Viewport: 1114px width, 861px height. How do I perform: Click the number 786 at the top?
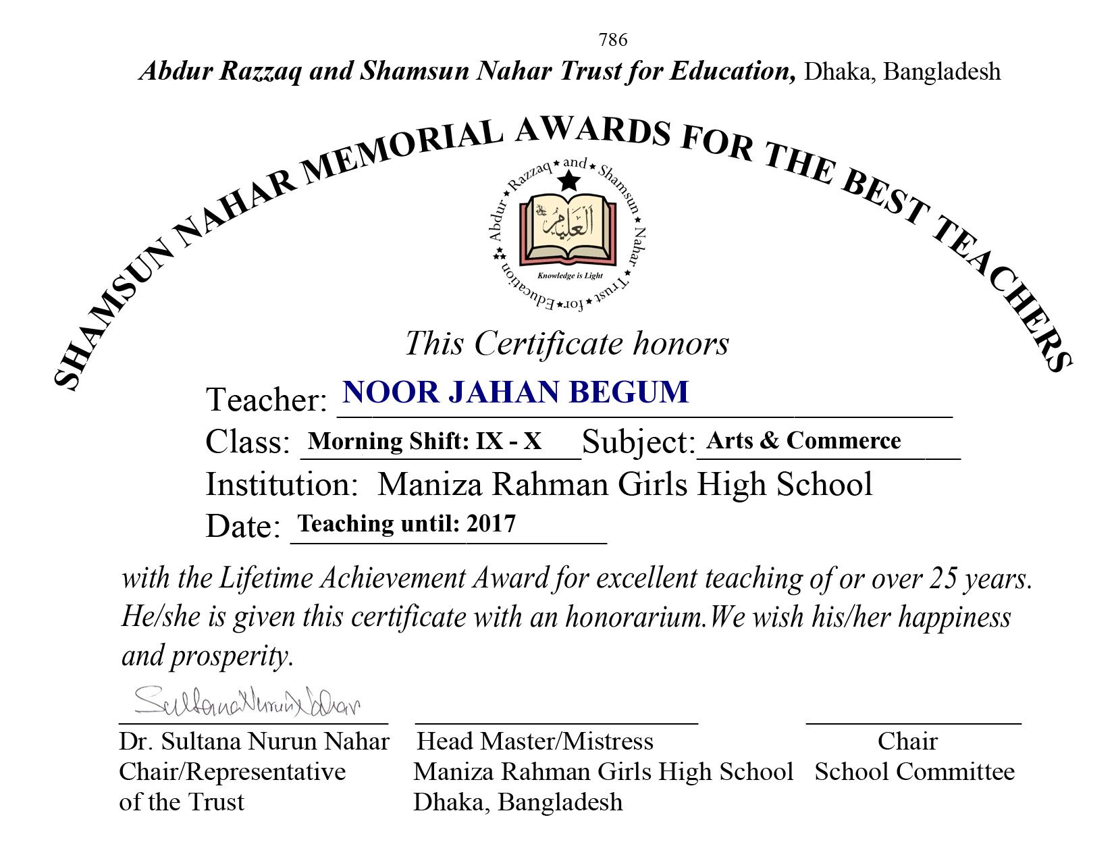pos(612,41)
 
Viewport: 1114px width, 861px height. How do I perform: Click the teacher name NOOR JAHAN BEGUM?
pos(516,392)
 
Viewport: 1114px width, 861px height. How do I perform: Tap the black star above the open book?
pos(569,181)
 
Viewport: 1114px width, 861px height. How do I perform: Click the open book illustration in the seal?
pos(568,230)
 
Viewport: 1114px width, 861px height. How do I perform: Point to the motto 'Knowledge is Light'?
pos(569,276)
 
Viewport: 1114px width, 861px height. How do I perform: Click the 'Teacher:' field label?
pos(266,400)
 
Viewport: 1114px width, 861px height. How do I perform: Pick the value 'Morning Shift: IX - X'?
pos(424,441)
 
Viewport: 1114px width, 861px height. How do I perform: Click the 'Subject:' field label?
pos(638,442)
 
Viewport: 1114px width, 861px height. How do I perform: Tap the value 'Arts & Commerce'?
pos(803,440)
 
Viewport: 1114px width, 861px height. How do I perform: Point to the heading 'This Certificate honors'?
pos(566,343)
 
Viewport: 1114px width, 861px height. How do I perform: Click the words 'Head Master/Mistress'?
pos(535,741)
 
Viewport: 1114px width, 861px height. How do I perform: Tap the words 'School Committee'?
pos(914,772)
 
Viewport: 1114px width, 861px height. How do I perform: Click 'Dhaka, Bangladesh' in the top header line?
pos(902,72)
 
